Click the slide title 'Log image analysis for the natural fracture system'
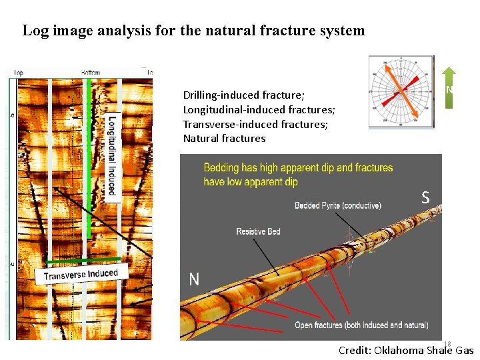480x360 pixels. pyautogui.click(x=193, y=31)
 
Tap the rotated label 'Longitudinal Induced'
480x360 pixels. pyautogui.click(x=112, y=155)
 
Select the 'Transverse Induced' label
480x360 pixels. pyautogui.click(x=81, y=274)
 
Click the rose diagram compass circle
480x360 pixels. pyautogui.click(x=401, y=91)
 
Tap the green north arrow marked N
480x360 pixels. pyautogui.click(x=449, y=87)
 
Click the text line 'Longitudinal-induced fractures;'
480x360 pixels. pyautogui.click(x=259, y=109)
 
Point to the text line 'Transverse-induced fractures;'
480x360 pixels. pyautogui.click(x=255, y=124)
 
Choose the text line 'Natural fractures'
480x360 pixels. pyautogui.click(x=224, y=139)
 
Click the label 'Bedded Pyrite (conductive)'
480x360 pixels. pyautogui.click(x=338, y=205)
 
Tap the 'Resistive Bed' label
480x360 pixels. pyautogui.click(x=258, y=231)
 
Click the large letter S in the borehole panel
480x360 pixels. pyautogui.click(x=425, y=197)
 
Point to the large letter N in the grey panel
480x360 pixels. pyautogui.click(x=194, y=279)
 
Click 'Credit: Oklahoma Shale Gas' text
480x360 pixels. pyautogui.click(x=406, y=350)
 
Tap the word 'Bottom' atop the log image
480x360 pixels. pyautogui.click(x=91, y=72)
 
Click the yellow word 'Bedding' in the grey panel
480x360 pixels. pyautogui.click(x=221, y=168)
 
